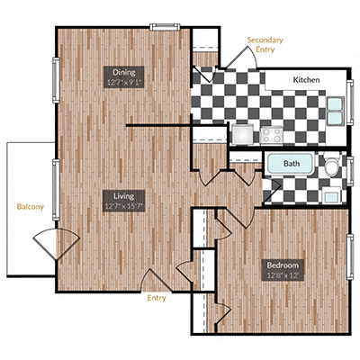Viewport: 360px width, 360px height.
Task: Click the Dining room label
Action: coord(123,71)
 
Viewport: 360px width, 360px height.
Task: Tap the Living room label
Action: coord(124,194)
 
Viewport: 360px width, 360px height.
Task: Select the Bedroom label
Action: coord(281,265)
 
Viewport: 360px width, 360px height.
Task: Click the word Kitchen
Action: coord(306,81)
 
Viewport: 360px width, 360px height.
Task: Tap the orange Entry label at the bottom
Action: coord(157,297)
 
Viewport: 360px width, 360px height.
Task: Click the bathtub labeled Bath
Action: coord(291,166)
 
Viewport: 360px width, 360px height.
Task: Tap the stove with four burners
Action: coord(273,134)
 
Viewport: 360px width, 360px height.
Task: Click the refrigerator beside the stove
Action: coord(243,134)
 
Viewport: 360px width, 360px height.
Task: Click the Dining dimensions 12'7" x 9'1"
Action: coord(123,82)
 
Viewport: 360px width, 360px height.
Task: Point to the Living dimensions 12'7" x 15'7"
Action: coord(124,206)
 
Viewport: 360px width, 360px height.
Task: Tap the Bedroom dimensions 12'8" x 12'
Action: coord(281,276)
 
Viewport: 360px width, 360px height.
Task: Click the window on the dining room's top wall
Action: coord(164,27)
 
